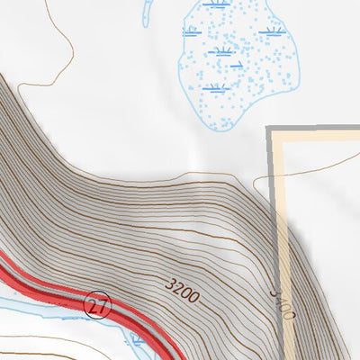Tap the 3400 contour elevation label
click(283, 304)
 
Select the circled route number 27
click(96, 304)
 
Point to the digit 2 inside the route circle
click(93, 304)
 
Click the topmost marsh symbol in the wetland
click(213, 4)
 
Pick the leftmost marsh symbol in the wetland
click(190, 31)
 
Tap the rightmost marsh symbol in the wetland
click(272, 32)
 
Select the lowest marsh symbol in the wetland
click(213, 87)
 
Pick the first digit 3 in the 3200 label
click(170, 284)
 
